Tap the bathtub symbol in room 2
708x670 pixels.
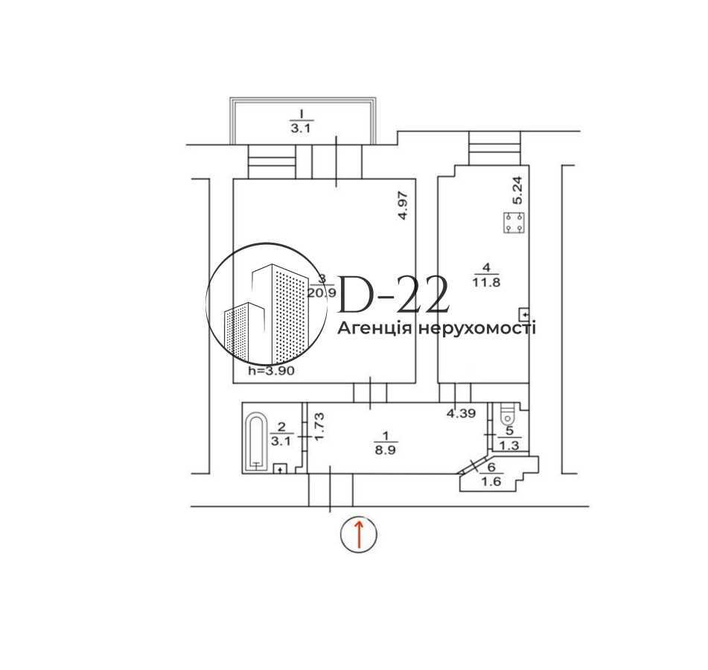click(x=256, y=441)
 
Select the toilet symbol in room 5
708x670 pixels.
click(x=507, y=412)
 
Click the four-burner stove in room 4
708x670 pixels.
click(x=514, y=223)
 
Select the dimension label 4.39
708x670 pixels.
click(x=462, y=414)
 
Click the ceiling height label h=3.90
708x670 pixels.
click(x=272, y=371)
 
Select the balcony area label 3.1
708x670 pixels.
click(x=302, y=127)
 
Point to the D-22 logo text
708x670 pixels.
click(x=394, y=295)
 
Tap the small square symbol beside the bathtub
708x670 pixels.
click(x=280, y=469)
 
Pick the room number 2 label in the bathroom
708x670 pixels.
click(x=281, y=427)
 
